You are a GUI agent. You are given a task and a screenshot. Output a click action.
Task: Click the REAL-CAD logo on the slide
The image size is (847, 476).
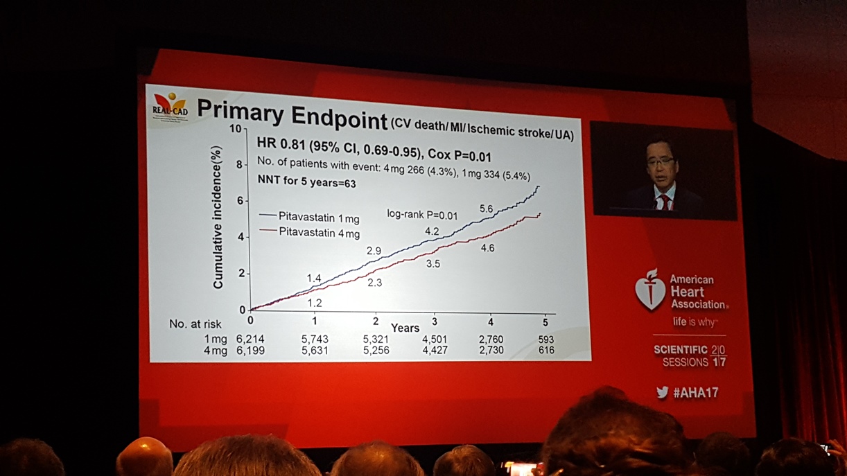(x=170, y=105)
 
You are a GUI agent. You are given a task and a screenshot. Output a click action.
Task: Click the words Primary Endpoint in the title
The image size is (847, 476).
(x=292, y=114)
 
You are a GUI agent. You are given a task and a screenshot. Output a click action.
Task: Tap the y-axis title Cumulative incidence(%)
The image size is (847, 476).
(x=218, y=217)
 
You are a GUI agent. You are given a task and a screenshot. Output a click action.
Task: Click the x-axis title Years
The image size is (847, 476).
(x=405, y=327)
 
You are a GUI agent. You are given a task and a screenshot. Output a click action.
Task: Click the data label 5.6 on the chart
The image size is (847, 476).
(x=486, y=209)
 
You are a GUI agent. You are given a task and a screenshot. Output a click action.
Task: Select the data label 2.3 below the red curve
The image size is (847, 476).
(x=374, y=283)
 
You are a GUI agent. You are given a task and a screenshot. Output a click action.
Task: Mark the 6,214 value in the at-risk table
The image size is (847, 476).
(x=250, y=340)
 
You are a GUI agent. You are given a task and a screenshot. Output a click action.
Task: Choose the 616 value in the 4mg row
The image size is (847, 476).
(x=546, y=351)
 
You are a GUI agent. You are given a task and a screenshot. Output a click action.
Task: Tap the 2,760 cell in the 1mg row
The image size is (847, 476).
(x=491, y=340)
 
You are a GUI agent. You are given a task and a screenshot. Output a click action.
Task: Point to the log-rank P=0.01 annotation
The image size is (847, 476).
(x=422, y=215)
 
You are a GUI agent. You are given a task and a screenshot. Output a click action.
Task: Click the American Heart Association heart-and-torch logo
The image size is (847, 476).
(x=649, y=290)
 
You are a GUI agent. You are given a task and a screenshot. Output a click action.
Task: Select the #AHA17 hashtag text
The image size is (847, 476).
(x=695, y=393)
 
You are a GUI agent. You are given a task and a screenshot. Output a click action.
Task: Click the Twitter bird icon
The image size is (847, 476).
(x=662, y=392)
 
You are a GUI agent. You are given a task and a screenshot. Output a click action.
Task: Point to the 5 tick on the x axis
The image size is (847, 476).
(x=545, y=322)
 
